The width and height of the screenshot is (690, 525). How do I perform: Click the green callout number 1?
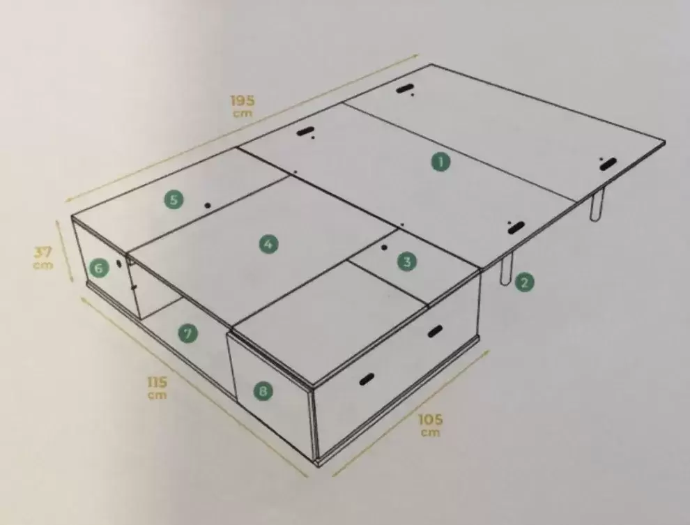coord(440,162)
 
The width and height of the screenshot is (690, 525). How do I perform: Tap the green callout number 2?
coord(523,282)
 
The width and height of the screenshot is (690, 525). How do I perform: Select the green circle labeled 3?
coord(406,262)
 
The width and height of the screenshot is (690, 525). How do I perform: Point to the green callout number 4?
coord(268,244)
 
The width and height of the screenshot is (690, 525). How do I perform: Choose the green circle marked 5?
coord(174,199)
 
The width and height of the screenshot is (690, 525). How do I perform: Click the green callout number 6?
coord(99,268)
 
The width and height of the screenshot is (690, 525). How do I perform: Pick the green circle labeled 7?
coord(188,333)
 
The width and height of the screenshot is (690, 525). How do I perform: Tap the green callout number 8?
coord(263,390)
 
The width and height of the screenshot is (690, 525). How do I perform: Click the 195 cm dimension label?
coord(243,106)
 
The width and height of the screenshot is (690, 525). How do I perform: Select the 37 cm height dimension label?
coord(43,258)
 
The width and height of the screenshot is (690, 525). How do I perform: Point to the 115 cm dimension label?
coord(157,388)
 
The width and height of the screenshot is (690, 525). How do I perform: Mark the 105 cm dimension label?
coord(430,425)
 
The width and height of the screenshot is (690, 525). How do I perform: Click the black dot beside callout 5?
coord(208,205)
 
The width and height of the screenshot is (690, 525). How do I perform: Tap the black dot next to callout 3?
coord(385,248)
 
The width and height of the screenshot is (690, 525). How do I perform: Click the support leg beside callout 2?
coord(507,269)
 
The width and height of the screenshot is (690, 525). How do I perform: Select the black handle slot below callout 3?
coord(435,331)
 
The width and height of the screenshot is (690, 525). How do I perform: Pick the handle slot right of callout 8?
coord(366,379)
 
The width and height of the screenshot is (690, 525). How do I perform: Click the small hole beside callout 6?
coord(118,264)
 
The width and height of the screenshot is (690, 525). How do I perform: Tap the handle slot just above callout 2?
coord(516,228)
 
